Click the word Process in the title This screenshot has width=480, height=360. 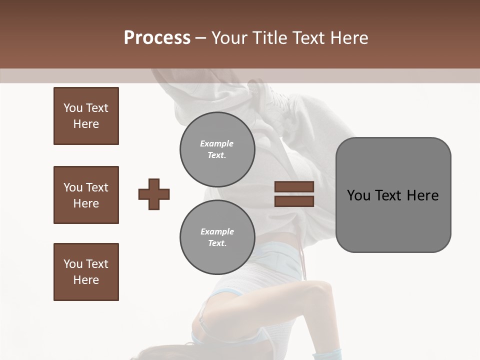pos(157,37)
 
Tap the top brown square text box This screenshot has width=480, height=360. pos(86,116)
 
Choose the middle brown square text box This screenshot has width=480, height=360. pos(86,195)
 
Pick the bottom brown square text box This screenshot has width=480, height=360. pos(86,272)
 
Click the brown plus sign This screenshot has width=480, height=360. pos(154,194)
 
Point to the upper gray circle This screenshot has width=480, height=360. pos(217,149)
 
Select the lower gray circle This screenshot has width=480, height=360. pos(217,237)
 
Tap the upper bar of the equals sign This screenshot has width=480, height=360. pos(294,186)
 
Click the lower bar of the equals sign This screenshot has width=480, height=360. pos(294,201)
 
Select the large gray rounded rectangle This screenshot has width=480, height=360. pos(393,220)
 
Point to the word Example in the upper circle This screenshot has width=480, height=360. pos(217,143)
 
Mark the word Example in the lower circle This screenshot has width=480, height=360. pos(217,231)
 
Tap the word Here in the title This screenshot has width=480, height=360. pos(350,37)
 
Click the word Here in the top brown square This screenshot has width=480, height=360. pos(86,124)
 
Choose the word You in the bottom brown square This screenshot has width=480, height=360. pos(73,264)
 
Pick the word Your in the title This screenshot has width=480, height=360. pos(229,37)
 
